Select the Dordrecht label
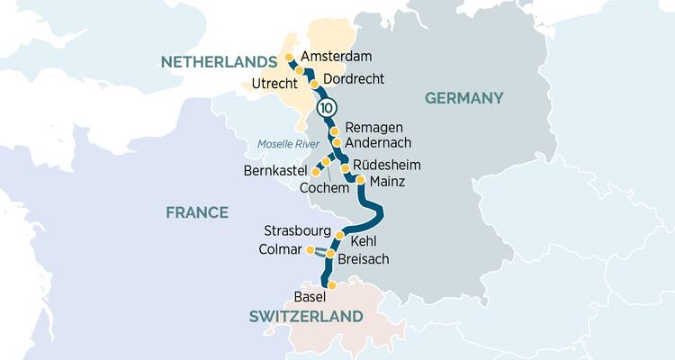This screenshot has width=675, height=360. point(353,79)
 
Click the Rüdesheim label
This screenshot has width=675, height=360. point(386,166)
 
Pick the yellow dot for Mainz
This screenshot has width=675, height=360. point(361,180)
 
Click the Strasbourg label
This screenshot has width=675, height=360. point(297,231)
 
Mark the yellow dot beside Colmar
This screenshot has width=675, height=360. point(310,249)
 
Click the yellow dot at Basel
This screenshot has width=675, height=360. point(332,285)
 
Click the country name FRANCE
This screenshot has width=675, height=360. point(196,212)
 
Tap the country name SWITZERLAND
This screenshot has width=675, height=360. point(306,317)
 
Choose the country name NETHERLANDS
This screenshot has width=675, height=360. point(218,62)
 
